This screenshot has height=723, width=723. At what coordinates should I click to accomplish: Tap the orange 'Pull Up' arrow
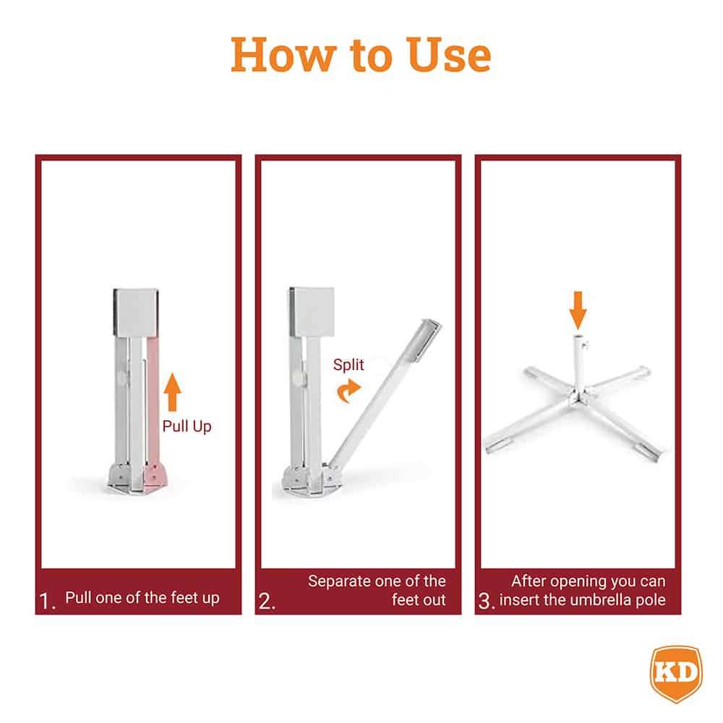coord(171,393)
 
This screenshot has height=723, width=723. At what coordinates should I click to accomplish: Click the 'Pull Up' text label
coord(187,427)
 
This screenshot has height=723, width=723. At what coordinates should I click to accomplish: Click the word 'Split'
coord(348,364)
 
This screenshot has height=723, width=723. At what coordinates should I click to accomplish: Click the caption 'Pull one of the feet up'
coord(142,598)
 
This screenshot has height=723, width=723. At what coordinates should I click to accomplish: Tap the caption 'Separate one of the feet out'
coord(377,590)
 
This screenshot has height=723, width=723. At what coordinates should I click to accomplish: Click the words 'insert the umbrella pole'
coord(583,600)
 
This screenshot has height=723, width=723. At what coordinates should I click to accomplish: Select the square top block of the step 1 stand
coord(135,312)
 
